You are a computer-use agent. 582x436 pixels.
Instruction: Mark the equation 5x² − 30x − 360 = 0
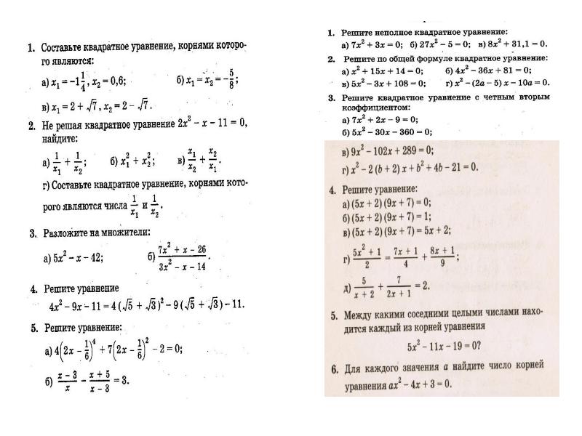click(x=391, y=132)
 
